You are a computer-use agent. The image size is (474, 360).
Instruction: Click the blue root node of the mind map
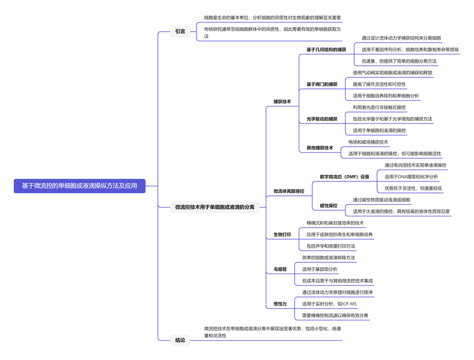point(79,186)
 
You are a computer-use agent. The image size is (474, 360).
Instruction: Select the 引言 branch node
point(180,32)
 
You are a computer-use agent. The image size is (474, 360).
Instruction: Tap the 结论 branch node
point(180,340)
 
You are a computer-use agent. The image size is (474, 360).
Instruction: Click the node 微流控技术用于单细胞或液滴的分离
point(214,207)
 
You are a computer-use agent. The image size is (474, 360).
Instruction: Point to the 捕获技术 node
point(282,102)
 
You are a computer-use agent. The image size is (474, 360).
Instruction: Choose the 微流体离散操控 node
point(289,191)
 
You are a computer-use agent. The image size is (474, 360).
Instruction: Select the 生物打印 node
point(282,234)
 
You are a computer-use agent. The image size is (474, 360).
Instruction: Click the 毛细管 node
point(280,269)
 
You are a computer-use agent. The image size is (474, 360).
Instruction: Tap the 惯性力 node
point(280,303)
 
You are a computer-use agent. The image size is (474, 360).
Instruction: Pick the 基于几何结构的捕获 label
point(326,50)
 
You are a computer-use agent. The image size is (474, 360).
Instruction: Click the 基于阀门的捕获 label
point(322,84)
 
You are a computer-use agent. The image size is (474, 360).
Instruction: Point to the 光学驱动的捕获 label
point(322,119)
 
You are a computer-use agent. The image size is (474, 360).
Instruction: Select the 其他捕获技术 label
point(320,148)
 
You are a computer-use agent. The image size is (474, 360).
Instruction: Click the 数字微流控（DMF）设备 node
point(344,177)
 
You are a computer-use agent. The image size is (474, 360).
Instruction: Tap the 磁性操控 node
point(329,205)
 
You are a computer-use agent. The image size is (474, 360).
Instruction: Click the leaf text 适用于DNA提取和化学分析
point(411,177)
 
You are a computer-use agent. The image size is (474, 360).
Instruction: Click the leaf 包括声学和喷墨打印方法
point(331,246)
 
